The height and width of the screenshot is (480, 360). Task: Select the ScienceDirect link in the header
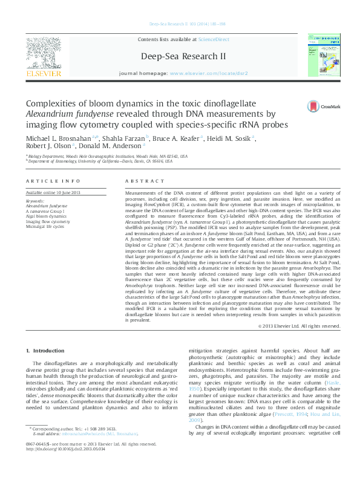pos(214,39)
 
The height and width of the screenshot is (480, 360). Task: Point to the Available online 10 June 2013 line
pos(55,190)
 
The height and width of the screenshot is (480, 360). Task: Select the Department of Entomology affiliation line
pos(100,161)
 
